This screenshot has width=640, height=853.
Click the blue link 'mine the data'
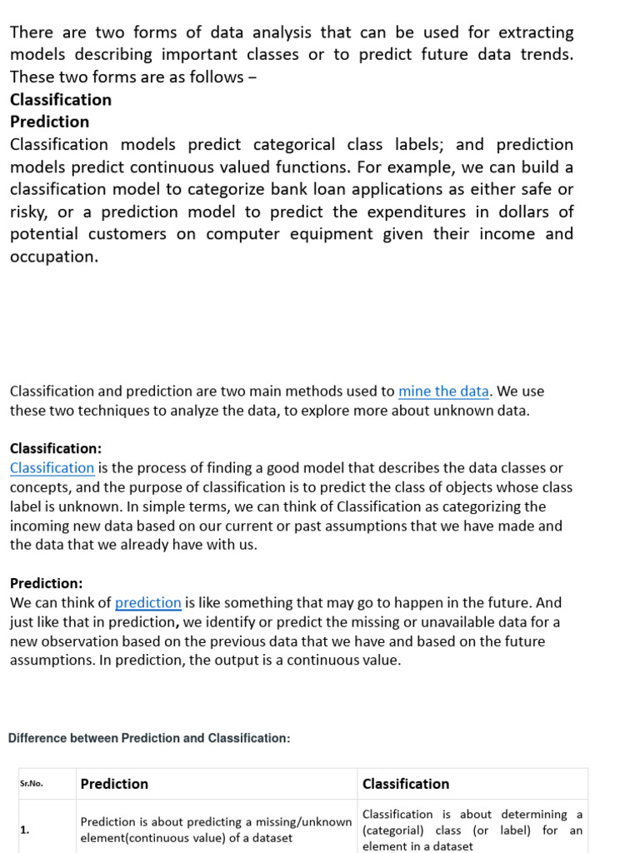pos(443,391)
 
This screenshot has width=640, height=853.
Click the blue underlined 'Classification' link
pos(52,468)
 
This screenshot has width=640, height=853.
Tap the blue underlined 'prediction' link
pos(147,602)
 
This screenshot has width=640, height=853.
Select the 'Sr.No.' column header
pos(32,784)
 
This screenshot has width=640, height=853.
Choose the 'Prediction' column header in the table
pos(114,784)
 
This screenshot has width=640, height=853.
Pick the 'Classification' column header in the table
pos(406,784)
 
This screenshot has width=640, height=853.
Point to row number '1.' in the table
pos(25,830)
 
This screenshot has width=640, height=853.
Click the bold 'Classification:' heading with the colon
pos(56,448)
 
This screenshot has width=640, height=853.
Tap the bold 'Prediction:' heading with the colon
pos(47,583)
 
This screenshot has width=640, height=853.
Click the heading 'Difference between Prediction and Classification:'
pos(149,738)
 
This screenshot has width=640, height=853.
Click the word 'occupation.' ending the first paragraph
pos(54,257)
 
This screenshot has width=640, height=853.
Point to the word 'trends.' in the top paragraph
pos(545,54)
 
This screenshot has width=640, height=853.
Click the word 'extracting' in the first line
pos(536,32)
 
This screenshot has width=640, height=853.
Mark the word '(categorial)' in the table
pos(393,831)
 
